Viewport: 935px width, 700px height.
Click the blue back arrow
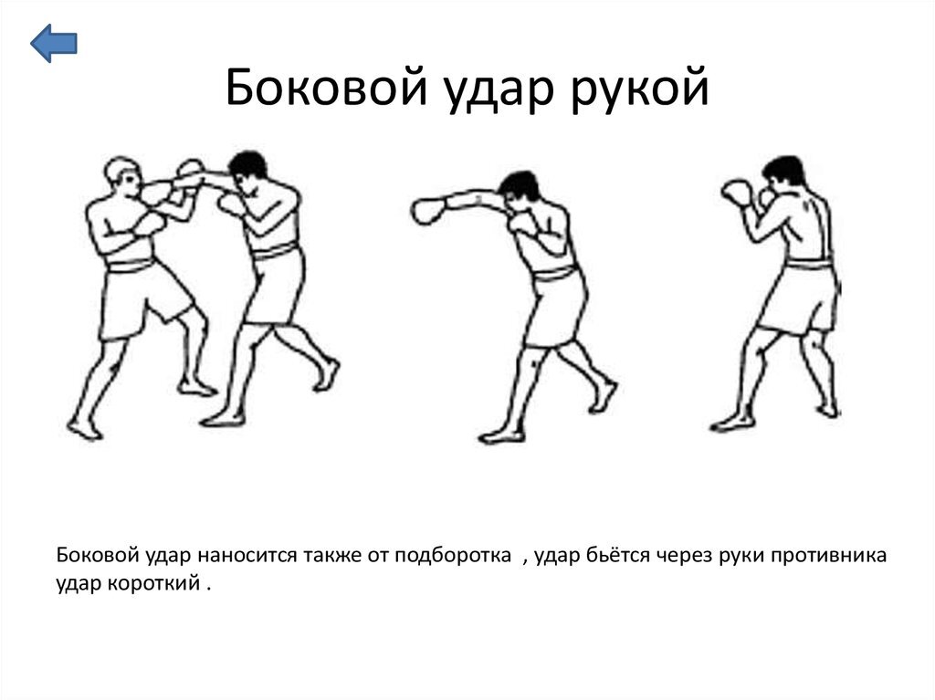point(54,43)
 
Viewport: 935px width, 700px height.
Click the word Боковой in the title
point(327,87)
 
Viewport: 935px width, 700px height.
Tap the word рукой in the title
point(640,89)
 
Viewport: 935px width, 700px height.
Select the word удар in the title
point(499,90)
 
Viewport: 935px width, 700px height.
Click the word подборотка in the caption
point(453,555)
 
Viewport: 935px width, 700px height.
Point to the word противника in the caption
point(829,556)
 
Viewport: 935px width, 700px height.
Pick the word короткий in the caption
point(153,582)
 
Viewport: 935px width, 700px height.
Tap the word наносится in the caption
point(247,556)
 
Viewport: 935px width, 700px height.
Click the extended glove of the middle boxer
point(428,211)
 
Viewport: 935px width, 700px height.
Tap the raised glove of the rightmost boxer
point(738,192)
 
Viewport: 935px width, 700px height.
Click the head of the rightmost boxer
point(783,175)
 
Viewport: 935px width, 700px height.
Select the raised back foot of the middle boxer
point(603,396)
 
